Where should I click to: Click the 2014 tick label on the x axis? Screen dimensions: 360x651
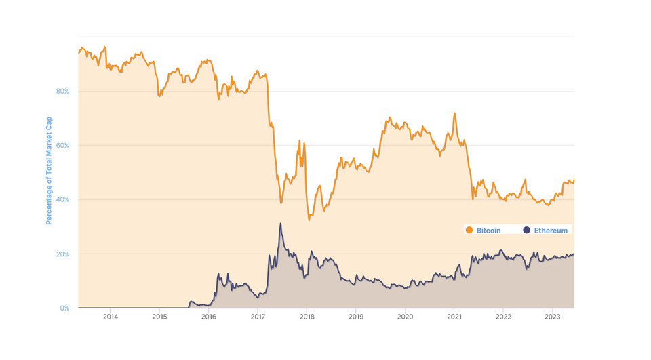[111, 316]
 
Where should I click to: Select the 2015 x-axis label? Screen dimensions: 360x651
[159, 316]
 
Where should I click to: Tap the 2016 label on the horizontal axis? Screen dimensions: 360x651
[209, 316]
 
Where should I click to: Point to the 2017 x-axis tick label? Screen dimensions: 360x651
[258, 316]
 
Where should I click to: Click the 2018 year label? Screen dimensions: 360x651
[307, 316]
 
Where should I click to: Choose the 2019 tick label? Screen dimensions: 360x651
[356, 316]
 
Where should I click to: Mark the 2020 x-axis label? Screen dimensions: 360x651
[405, 316]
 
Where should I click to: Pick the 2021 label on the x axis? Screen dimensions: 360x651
[454, 316]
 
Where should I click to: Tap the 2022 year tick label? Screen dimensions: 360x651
[503, 316]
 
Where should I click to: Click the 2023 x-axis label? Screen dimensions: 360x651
[553, 316]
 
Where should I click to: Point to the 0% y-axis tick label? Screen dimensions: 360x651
[64, 308]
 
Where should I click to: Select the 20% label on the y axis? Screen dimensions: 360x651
[63, 254]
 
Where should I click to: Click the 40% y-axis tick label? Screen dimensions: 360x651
[63, 199]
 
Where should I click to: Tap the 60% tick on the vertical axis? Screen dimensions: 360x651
[63, 145]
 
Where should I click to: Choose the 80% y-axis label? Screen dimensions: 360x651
[63, 91]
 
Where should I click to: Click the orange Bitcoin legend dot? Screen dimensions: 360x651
[469, 231]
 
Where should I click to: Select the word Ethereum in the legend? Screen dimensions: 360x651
[551, 231]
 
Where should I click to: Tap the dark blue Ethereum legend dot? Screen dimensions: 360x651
[526, 231]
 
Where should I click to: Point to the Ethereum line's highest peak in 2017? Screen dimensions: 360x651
[280, 224]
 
